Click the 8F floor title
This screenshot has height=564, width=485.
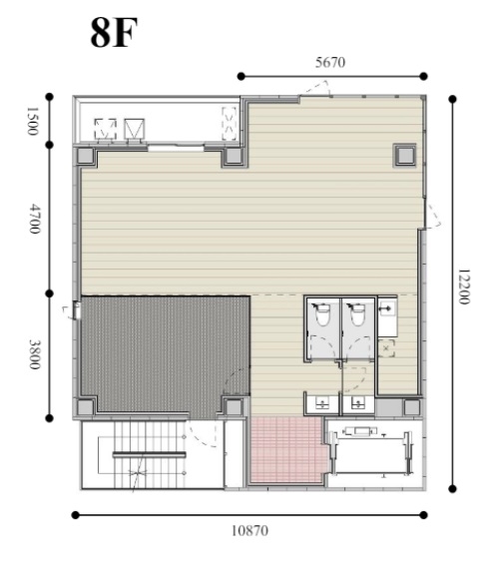[x=114, y=33]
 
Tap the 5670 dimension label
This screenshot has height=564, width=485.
[x=330, y=63]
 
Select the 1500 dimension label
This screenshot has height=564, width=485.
[x=33, y=121]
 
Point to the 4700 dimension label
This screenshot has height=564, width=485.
[x=35, y=219]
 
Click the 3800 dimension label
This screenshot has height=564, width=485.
[x=35, y=354]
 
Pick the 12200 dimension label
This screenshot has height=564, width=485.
[x=464, y=286]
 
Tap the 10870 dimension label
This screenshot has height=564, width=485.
[x=249, y=530]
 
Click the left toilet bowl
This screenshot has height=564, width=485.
[x=322, y=314]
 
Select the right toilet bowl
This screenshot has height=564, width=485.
[x=357, y=314]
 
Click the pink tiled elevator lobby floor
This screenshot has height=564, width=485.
[x=287, y=449]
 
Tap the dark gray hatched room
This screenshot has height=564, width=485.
[x=165, y=352]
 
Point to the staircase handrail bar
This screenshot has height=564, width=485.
[x=150, y=454]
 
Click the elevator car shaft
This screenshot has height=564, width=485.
[x=371, y=453]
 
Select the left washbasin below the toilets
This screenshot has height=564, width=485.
[x=322, y=403]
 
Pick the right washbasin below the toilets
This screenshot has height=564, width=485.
[x=357, y=403]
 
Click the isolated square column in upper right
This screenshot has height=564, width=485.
[x=405, y=155]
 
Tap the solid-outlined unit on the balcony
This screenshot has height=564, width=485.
[x=135, y=129]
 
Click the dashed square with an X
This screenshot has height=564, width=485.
[x=386, y=348]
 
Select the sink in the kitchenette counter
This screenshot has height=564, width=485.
[x=387, y=309]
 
